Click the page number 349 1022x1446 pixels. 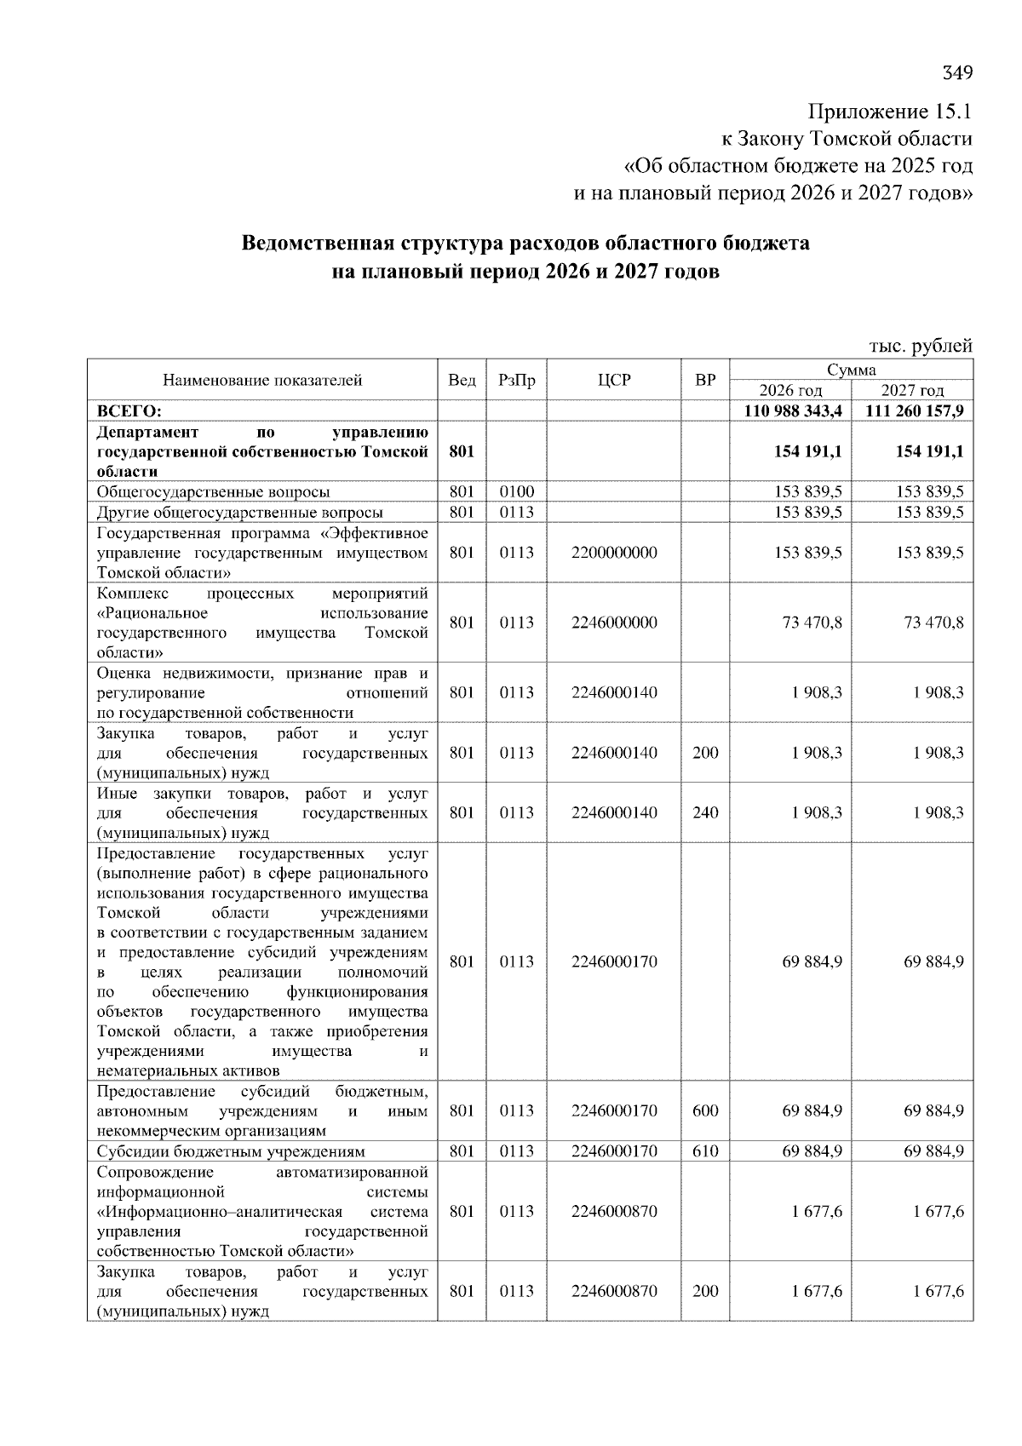click(x=956, y=72)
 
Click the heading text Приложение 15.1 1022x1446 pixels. click(x=889, y=112)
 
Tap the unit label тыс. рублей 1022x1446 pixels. click(x=920, y=346)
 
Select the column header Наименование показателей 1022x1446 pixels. click(x=262, y=380)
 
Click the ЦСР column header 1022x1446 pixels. click(x=613, y=380)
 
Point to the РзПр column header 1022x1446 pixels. click(x=516, y=380)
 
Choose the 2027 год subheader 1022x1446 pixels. click(x=912, y=390)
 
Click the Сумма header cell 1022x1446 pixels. click(x=851, y=370)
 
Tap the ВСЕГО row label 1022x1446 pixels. click(x=129, y=410)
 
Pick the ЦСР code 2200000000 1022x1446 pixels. click(x=614, y=553)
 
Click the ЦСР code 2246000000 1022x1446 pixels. click(x=614, y=623)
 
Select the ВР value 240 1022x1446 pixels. click(x=705, y=812)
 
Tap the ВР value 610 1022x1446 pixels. click(x=705, y=1151)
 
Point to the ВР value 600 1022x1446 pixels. click(x=705, y=1110)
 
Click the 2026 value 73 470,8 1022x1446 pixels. click(x=812, y=623)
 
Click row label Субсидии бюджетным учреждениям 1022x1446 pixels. click(x=231, y=1151)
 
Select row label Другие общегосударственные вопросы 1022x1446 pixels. click(x=239, y=512)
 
